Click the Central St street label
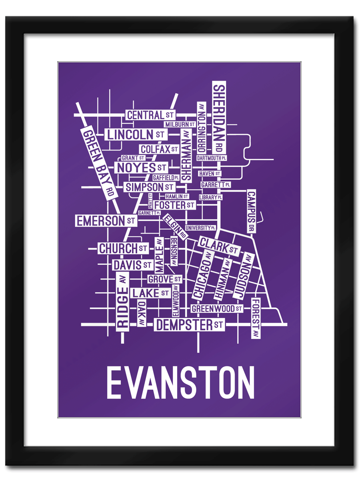click(150, 115)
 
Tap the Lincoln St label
click(136, 134)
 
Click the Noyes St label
click(141, 168)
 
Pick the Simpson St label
click(149, 187)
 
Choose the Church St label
click(123, 248)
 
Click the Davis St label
click(132, 265)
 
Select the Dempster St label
click(189, 325)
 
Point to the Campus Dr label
click(251, 212)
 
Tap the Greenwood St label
click(217, 309)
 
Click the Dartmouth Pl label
click(212, 158)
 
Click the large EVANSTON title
click(180, 382)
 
